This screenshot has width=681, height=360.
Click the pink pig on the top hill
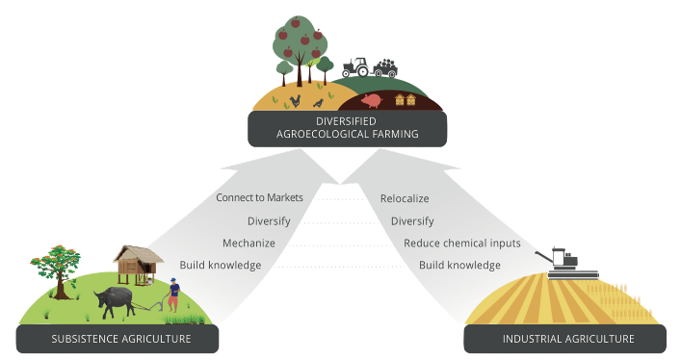coord(373,99)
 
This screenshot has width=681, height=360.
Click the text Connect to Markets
coord(259,197)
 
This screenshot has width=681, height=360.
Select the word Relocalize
coord(405,197)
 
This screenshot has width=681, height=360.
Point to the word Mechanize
coord(249,243)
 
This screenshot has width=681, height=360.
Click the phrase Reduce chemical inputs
coord(462,243)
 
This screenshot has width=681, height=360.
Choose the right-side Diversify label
coord(412,220)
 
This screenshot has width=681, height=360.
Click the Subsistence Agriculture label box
coord(117,339)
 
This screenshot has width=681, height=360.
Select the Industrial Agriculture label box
coord(567,339)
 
